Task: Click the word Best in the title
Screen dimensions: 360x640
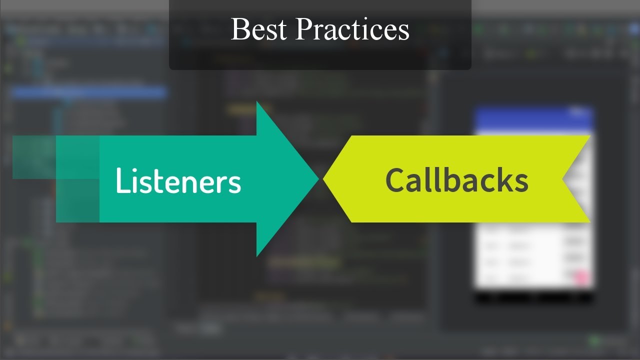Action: click(258, 29)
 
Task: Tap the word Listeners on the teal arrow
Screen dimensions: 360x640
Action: click(178, 180)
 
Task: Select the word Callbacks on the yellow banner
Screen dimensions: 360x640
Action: click(456, 180)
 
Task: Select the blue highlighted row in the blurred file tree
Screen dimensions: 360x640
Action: click(88, 92)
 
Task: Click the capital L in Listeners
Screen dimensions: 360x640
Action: click(121, 180)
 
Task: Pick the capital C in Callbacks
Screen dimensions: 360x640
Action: click(395, 180)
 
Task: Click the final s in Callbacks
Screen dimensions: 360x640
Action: click(521, 183)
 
